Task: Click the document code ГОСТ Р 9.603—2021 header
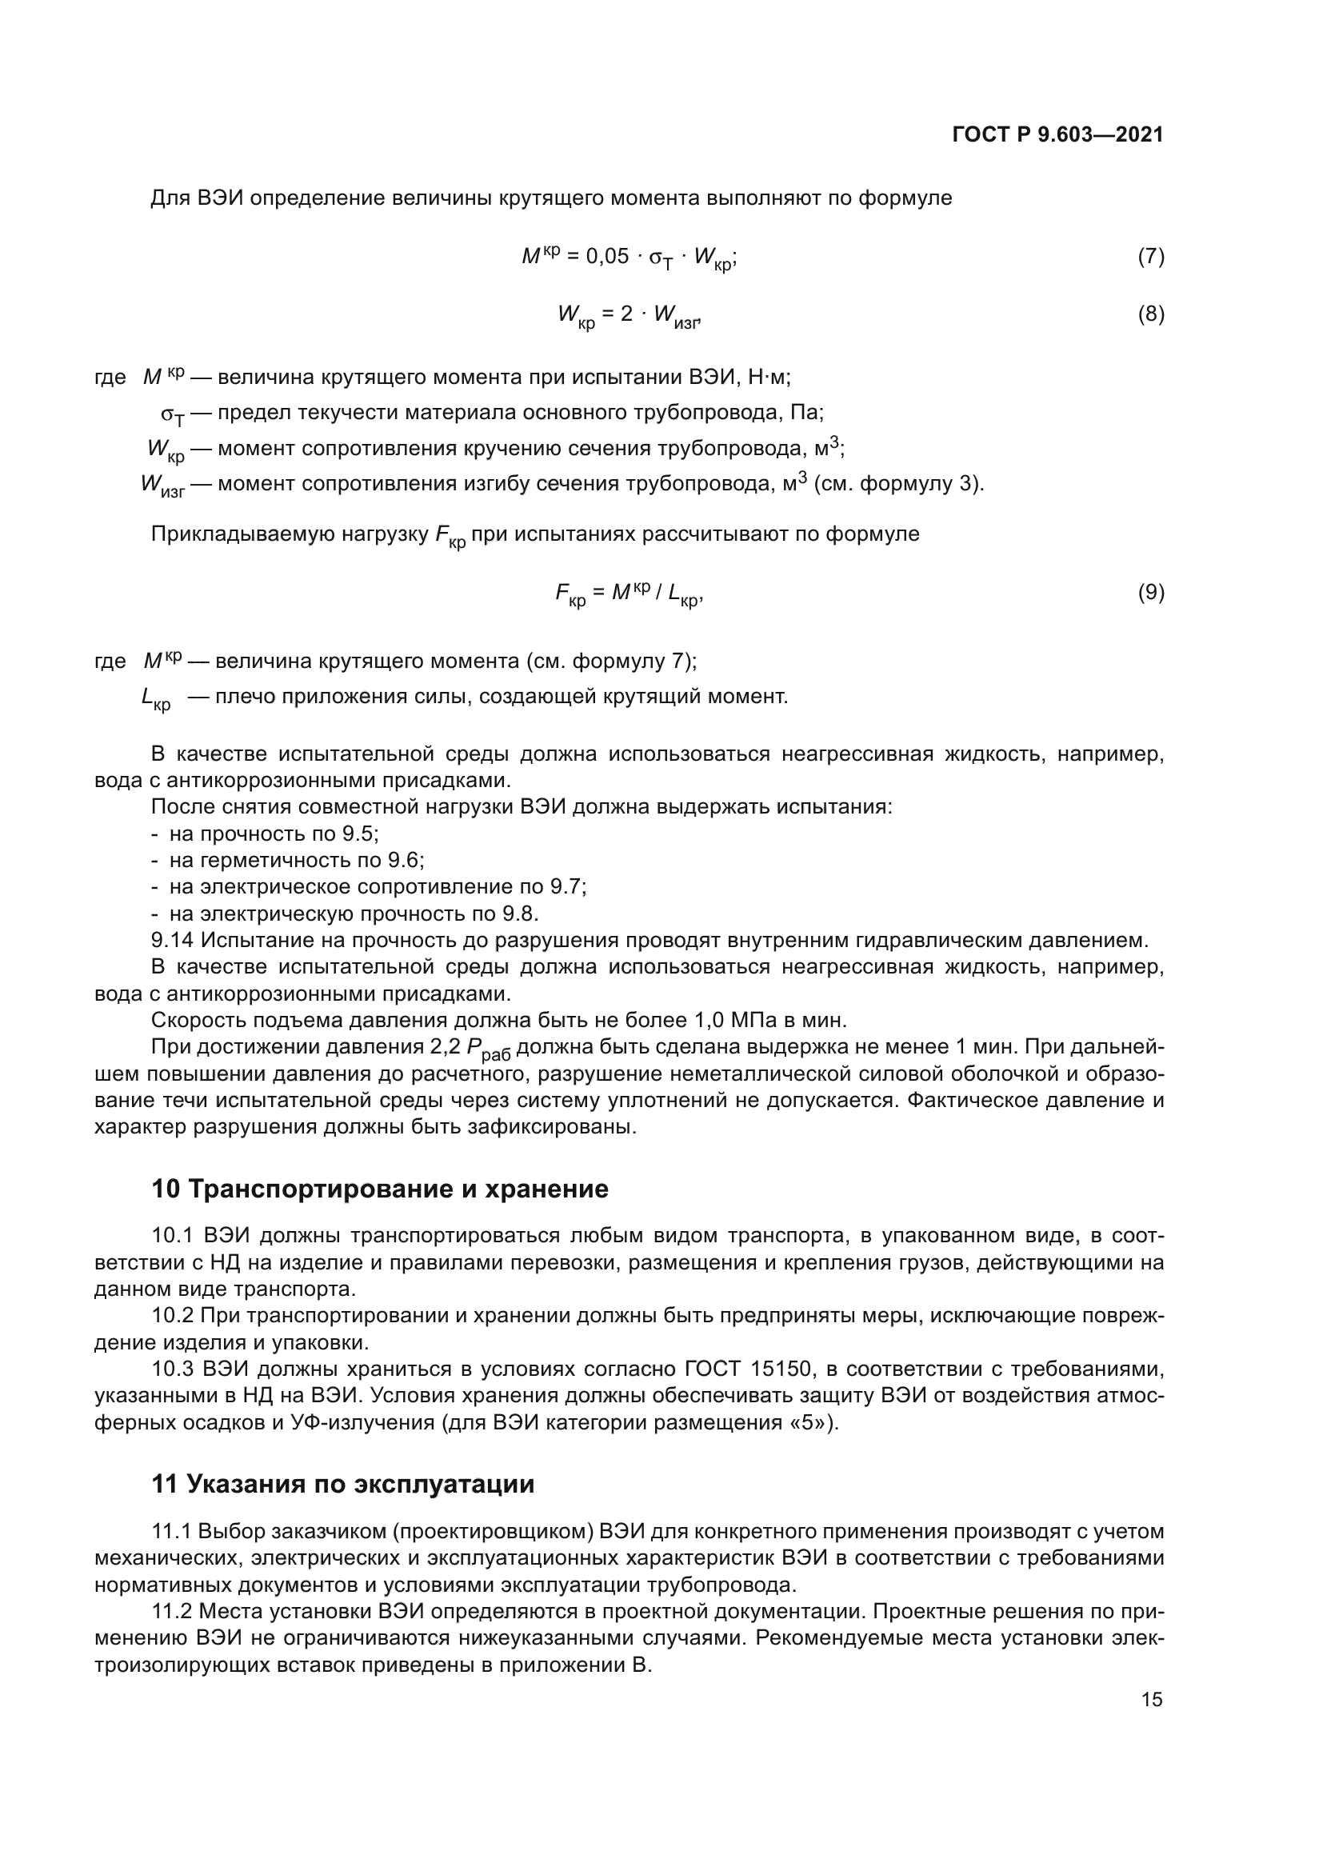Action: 1057,134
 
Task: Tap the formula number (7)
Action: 1150,257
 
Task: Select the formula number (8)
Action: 1150,314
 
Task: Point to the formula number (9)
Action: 1150,593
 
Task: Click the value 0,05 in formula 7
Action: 607,257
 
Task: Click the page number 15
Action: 1151,1699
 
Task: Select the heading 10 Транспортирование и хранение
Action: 380,1189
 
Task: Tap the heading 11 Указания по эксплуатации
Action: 343,1484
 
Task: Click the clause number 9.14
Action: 172,941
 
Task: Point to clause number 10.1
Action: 172,1236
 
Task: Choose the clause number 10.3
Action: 172,1368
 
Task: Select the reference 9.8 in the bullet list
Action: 520,914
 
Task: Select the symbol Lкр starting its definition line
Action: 156,699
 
